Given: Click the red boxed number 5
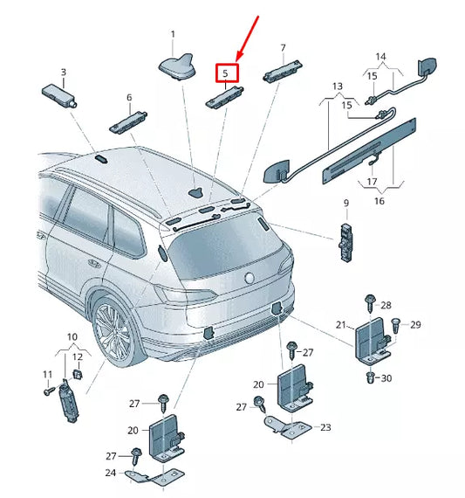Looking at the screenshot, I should click(225, 74).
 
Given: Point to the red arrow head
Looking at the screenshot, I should click(242, 56).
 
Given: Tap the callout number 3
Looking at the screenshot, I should click(63, 73).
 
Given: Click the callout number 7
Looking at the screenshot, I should click(283, 47).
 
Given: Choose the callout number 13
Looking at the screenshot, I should click(338, 86).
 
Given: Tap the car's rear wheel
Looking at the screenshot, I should click(115, 332).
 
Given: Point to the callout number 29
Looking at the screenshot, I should click(415, 325).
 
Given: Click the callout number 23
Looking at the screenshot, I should click(325, 427).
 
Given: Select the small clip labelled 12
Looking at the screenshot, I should click(76, 374).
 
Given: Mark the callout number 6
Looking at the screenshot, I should click(128, 98).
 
